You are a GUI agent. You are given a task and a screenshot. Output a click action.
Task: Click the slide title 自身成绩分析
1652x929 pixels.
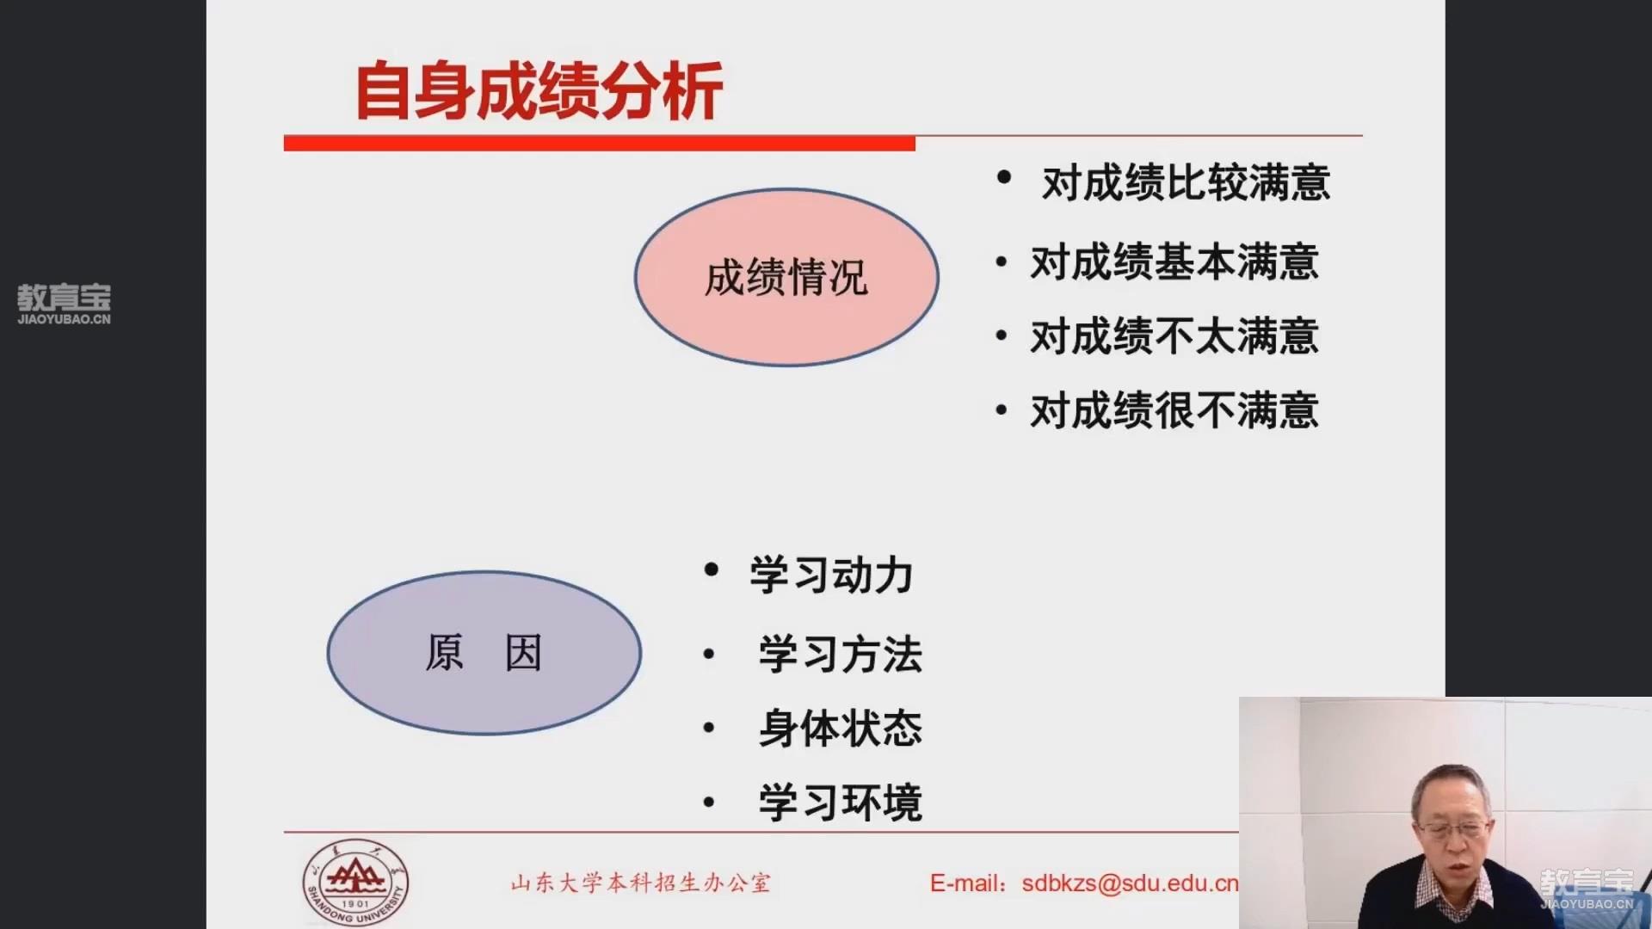coord(539,90)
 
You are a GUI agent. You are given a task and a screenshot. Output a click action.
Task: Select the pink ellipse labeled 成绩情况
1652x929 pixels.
coord(786,277)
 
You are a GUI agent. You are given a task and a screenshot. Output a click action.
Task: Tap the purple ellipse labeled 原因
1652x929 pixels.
coord(484,653)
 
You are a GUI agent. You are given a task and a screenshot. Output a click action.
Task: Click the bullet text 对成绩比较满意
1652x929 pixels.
coord(1186,183)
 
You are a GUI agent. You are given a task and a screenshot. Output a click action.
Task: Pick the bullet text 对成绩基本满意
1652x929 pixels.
coord(1174,262)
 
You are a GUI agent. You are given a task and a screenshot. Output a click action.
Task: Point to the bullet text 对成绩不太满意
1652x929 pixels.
coord(1174,336)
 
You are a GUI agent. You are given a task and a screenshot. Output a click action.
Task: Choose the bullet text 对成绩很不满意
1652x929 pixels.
coord(1174,410)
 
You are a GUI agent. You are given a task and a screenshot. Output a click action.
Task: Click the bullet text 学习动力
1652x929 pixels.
coord(831,575)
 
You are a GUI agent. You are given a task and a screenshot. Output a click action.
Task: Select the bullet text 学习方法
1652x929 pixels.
coord(841,655)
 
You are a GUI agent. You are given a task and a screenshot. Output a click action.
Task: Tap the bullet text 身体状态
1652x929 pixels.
coord(841,729)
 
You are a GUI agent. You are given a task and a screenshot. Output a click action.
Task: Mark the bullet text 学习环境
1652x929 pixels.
coord(841,803)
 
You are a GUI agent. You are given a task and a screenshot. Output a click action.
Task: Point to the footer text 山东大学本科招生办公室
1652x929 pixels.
coord(641,883)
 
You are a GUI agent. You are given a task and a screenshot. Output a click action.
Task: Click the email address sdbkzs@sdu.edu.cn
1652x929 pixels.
coord(1130,883)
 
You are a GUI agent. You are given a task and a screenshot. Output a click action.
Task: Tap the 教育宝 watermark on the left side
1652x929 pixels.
coord(65,304)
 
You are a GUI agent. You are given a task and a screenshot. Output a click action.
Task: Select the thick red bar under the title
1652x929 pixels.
coord(600,144)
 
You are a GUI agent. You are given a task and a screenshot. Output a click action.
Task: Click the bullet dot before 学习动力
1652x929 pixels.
coord(711,569)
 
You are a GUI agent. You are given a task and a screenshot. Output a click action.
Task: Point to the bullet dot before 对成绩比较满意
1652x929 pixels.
coord(1003,177)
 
